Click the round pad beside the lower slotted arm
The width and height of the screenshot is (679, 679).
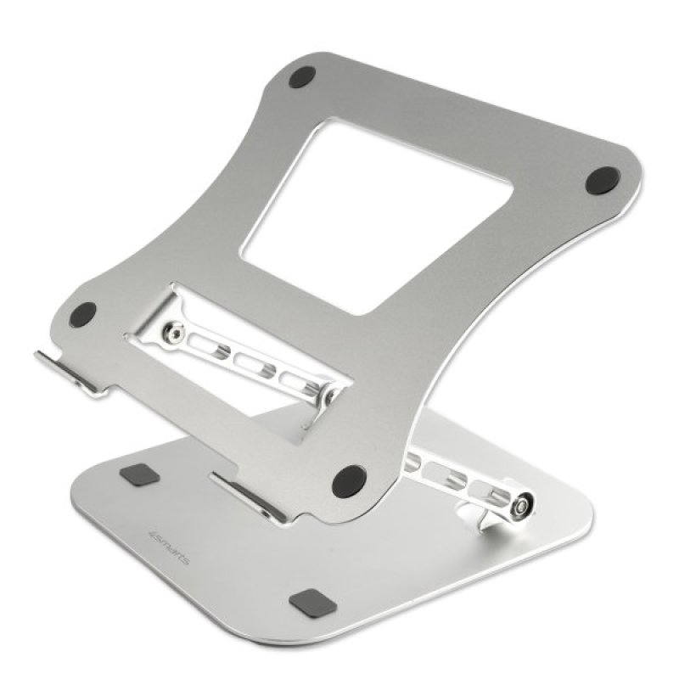(x=348, y=481)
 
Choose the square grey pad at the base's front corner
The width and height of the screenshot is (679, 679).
(x=307, y=603)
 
